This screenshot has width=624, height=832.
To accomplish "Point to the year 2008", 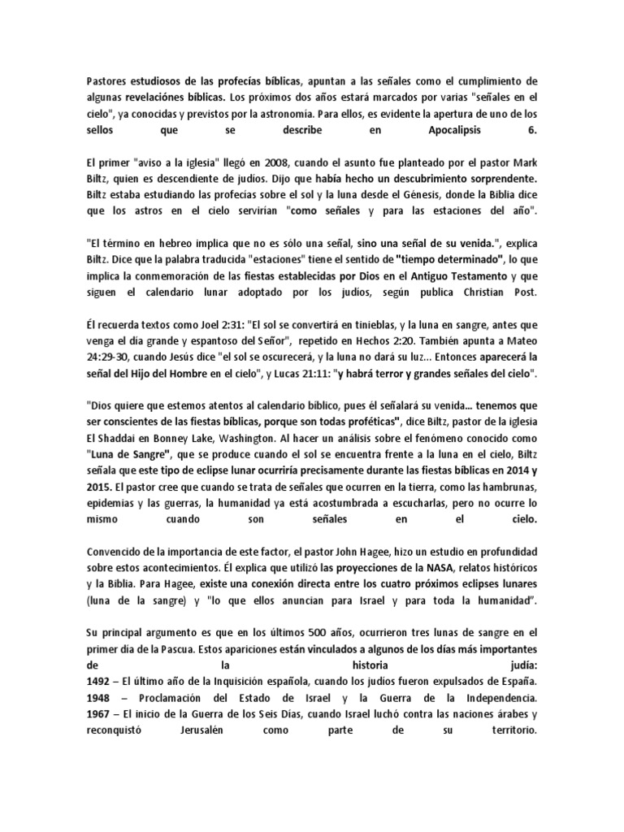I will (223, 159).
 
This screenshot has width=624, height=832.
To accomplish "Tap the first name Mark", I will (526, 159).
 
